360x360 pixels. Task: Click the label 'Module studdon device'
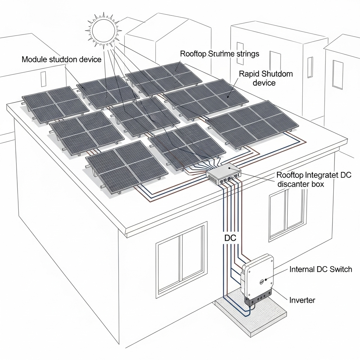click(x=61, y=59)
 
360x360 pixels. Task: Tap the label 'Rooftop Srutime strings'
click(x=219, y=54)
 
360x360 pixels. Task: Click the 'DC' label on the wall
click(x=231, y=238)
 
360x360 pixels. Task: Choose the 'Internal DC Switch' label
click(x=320, y=269)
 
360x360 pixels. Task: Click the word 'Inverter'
click(x=302, y=300)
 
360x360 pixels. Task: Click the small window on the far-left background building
click(x=43, y=77)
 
